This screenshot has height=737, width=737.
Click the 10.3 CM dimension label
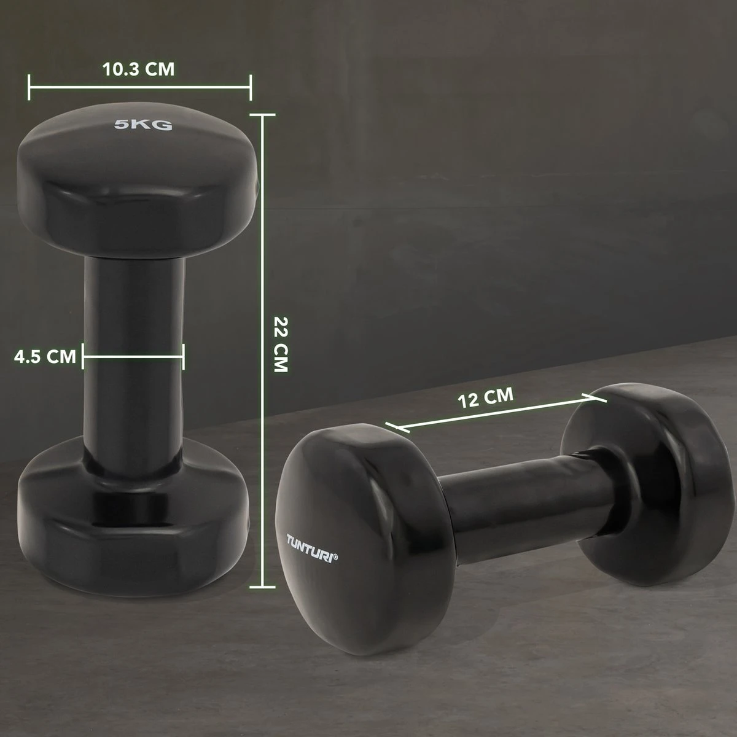point(139,69)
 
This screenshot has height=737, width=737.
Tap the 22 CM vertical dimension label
point(280,345)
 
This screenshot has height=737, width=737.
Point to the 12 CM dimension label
point(485,397)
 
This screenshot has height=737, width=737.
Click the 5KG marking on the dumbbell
point(143,126)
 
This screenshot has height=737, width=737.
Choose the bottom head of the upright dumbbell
point(135,528)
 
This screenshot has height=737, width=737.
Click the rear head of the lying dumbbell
point(645,467)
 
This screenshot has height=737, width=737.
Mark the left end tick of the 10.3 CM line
point(29,87)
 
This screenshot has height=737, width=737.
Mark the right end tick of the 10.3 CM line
point(251,87)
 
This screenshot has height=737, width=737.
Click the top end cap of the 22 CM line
point(263,114)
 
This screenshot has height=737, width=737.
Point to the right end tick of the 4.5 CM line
point(183,356)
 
